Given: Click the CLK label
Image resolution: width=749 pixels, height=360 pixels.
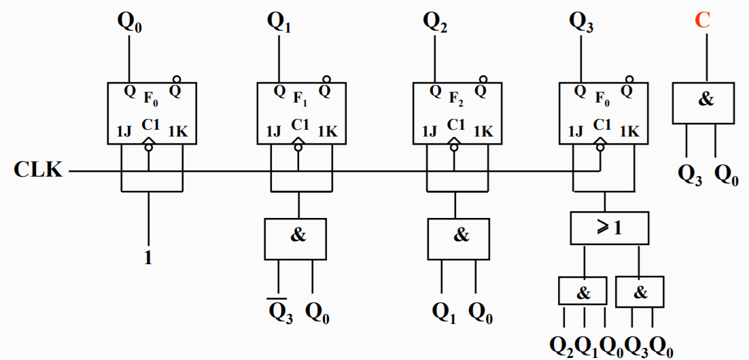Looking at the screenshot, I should tap(37, 170).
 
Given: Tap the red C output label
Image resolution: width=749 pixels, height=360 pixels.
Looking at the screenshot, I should tap(702, 20).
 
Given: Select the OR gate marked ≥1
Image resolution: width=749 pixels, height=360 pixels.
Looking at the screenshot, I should tap(610, 228).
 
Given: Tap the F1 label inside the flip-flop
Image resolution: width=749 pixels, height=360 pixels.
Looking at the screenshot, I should tap(300, 99).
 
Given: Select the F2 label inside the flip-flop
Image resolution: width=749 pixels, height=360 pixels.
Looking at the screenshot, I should tap(457, 99).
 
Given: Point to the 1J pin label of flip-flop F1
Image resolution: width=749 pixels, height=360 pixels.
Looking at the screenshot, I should tap(272, 131).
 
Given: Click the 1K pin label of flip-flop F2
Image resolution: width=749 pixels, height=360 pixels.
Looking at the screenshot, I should tap(483, 131).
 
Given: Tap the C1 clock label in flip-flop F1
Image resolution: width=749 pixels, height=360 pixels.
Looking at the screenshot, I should tap(300, 125).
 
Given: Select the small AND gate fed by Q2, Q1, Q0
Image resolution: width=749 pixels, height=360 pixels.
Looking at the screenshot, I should tap(583, 293).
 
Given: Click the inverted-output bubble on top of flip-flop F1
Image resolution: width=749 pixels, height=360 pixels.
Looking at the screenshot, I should tap(326, 79).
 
